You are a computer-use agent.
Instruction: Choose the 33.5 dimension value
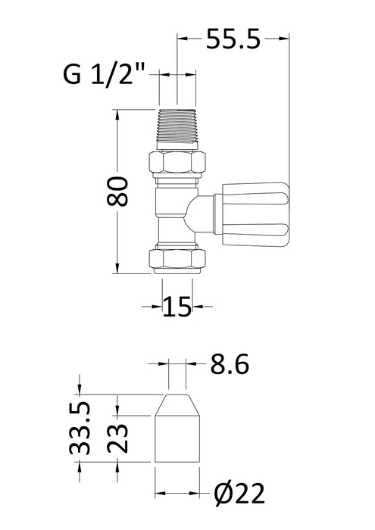[83, 429]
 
